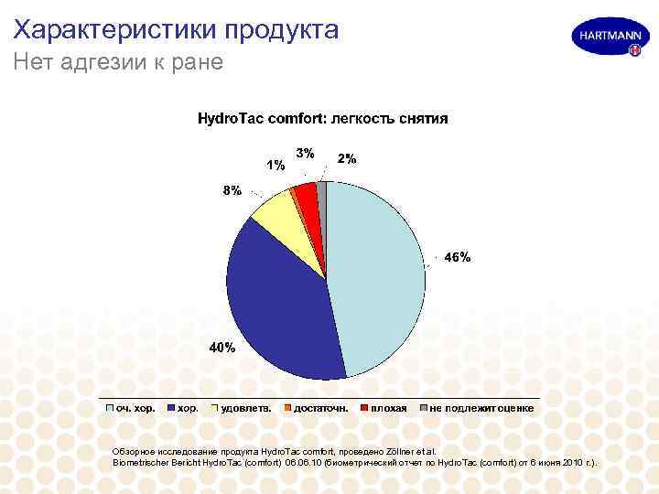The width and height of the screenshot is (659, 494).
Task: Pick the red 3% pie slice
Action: [308, 199]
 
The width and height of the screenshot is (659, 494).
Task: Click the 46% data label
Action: [458, 258]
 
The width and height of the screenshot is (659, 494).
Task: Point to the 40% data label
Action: [222, 348]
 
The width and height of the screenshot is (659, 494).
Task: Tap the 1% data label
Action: [275, 166]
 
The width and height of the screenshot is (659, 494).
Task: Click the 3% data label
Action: [306, 152]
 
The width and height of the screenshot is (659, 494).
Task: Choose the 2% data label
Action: [347, 158]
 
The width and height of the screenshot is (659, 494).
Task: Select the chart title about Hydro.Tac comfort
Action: [323, 119]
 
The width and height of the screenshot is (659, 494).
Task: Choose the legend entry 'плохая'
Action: [389, 408]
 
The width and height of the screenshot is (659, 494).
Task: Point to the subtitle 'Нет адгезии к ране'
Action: [118, 63]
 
